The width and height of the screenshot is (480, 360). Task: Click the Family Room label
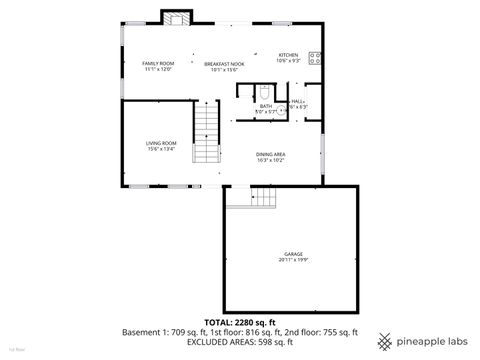coord(158,63)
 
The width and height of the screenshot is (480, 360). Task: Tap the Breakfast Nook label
coord(223,63)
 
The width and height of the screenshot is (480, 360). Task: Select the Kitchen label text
coord(288,55)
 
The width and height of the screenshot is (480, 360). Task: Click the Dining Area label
coord(271,153)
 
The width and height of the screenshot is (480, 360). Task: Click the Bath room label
coord(265,106)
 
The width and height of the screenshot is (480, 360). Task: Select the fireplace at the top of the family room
coord(176,18)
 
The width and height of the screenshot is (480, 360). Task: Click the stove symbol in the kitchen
coord(315,58)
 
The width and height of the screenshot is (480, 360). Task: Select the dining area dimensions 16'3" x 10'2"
coord(271,160)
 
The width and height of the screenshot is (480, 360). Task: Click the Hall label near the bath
coord(298,101)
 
